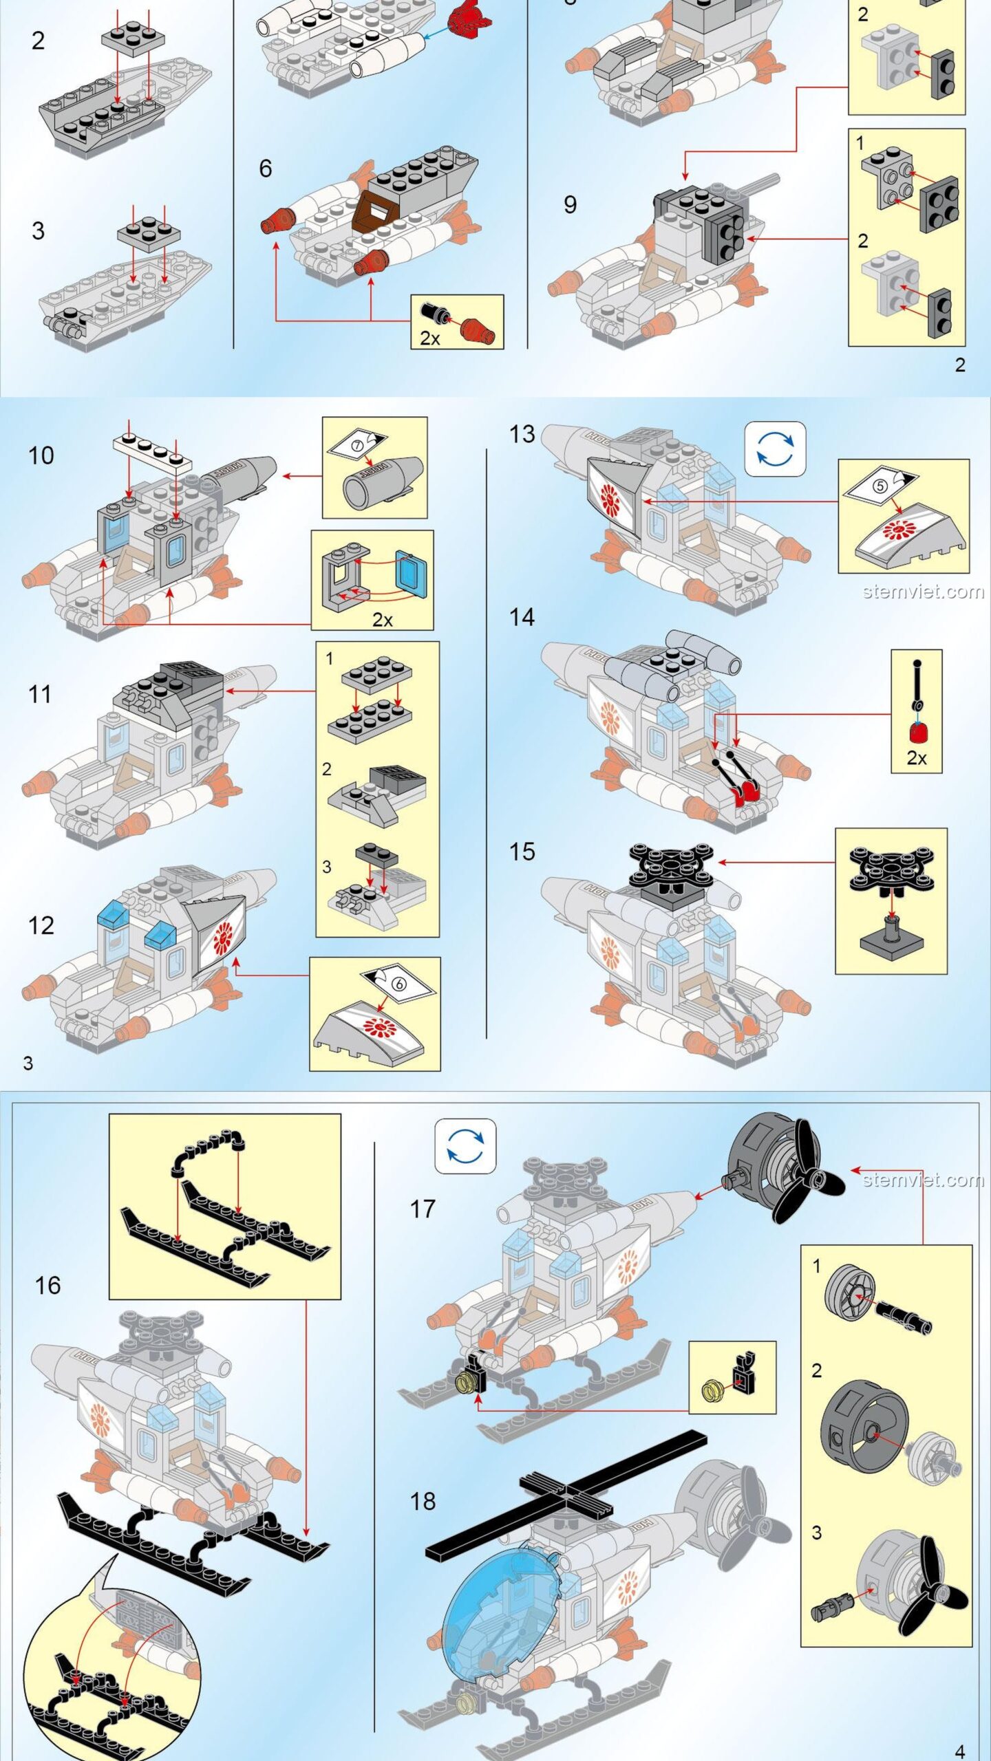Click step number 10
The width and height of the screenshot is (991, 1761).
click(x=41, y=455)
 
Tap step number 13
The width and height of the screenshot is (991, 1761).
click(x=522, y=434)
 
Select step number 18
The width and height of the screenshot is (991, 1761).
click(x=423, y=1501)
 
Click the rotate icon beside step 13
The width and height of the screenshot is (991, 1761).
click(x=775, y=449)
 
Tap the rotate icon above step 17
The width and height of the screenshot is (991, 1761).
click(x=465, y=1146)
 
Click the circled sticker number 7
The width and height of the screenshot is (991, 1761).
click(x=356, y=445)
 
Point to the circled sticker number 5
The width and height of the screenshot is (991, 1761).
click(x=880, y=486)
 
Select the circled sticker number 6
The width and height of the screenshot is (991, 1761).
click(x=398, y=984)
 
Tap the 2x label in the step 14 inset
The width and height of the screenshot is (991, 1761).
click(x=916, y=758)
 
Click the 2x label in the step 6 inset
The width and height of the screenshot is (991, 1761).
click(x=430, y=338)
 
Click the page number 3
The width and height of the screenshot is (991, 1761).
click(x=28, y=1063)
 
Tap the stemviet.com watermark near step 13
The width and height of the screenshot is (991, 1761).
click(x=923, y=592)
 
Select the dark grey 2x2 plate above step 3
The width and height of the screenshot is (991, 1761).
click(x=149, y=233)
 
